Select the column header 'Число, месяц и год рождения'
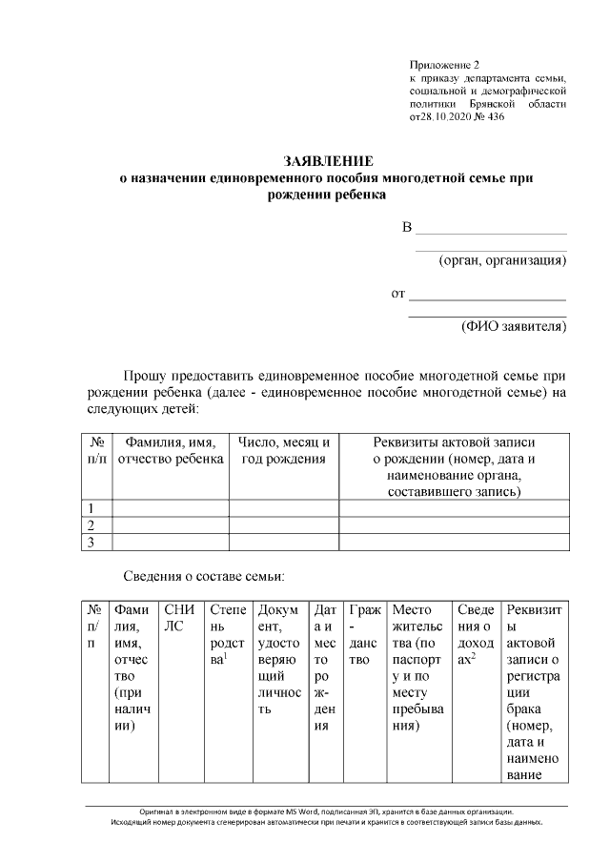click(283, 450)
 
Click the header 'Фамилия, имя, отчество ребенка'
click(170, 450)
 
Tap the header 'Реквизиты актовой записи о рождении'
click(454, 466)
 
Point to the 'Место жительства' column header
click(417, 668)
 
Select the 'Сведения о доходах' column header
click(476, 634)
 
